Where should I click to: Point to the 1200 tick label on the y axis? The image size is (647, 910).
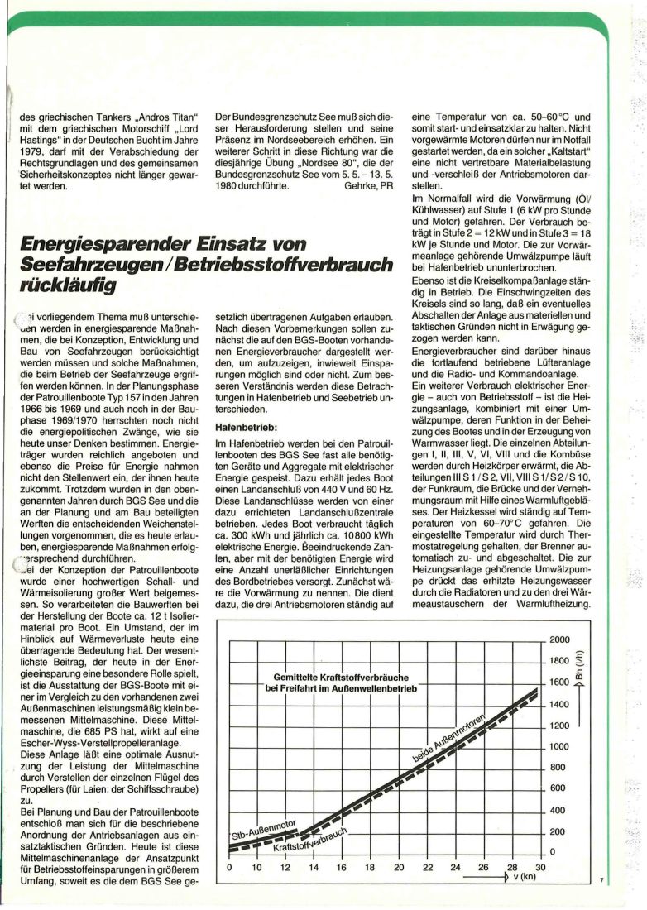tap(560, 726)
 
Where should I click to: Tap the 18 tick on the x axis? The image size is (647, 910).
tap(370, 867)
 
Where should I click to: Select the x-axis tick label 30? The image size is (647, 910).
tap(540, 867)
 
